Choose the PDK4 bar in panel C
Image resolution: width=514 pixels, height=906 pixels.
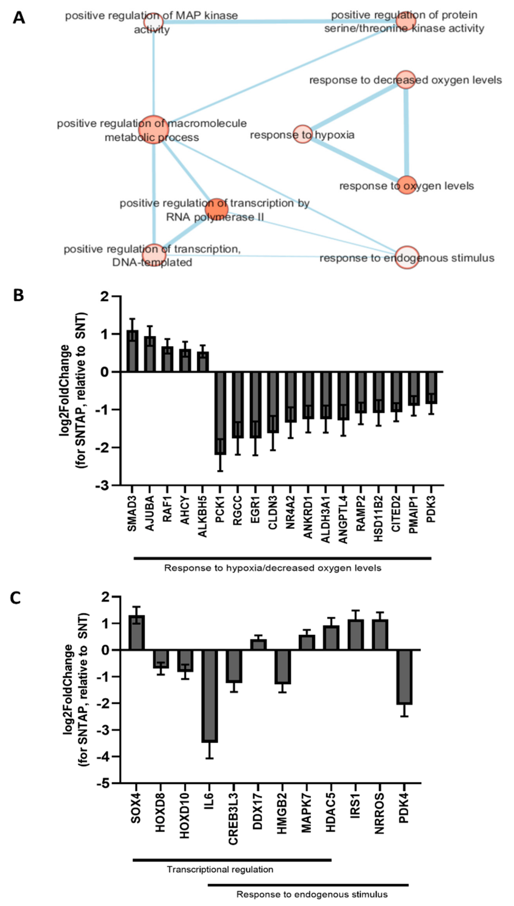[404, 677]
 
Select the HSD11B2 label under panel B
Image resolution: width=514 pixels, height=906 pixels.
[378, 518]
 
